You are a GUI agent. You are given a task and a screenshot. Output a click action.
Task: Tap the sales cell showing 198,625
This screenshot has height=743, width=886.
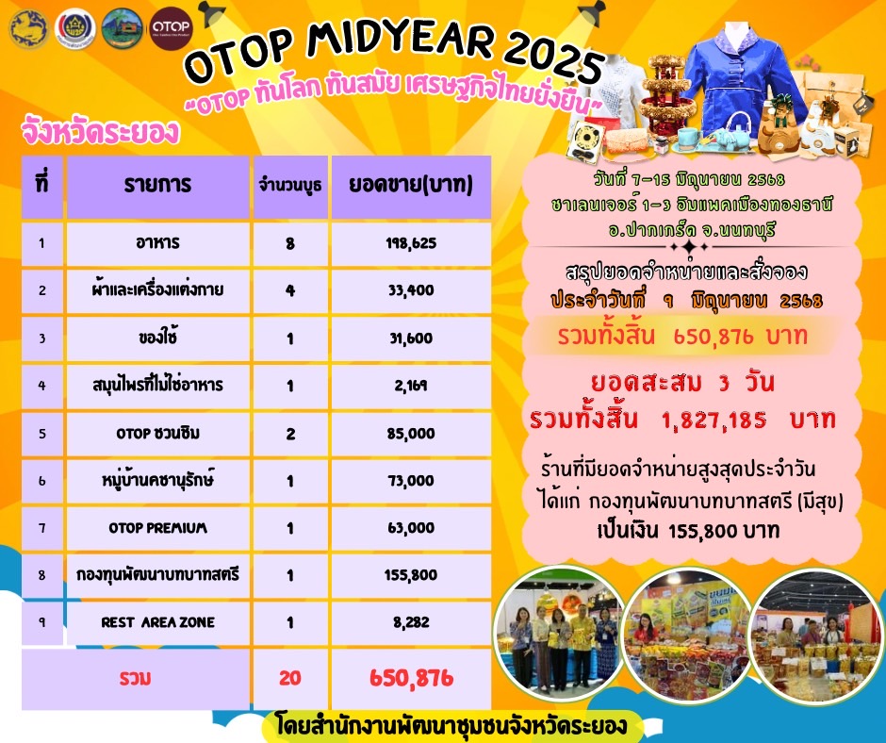(410, 243)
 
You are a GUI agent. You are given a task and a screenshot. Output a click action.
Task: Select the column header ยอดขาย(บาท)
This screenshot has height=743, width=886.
(411, 184)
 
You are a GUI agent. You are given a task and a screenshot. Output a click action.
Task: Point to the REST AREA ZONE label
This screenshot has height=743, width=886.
(157, 621)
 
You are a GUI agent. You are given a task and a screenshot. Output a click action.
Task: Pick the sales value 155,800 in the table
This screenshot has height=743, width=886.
(410, 574)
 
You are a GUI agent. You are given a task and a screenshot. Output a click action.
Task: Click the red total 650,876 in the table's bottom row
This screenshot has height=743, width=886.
(410, 677)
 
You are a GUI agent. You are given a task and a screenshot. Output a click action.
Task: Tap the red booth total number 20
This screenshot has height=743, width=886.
(289, 677)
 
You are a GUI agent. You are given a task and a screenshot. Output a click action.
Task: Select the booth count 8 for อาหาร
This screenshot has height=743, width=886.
(289, 243)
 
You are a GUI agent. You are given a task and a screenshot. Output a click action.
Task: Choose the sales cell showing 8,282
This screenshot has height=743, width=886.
(410, 621)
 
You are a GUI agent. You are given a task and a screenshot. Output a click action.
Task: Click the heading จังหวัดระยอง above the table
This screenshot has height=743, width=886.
(100, 133)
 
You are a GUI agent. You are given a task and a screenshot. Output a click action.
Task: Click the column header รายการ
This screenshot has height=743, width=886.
(157, 184)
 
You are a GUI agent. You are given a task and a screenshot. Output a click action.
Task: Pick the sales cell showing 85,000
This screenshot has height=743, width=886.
(410, 433)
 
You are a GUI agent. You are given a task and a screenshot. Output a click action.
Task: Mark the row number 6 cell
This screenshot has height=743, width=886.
(42, 480)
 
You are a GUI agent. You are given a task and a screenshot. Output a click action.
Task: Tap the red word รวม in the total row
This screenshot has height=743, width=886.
(136, 677)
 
